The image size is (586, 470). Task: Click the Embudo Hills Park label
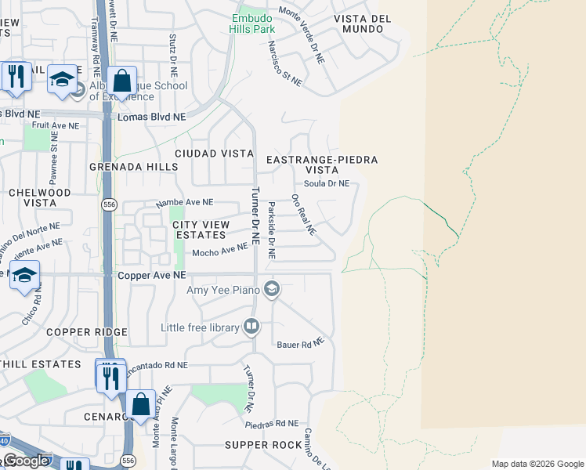point(252,23)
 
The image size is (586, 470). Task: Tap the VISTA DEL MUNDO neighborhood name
point(362,24)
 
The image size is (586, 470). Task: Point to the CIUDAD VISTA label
point(214,154)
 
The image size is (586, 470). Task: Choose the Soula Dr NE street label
point(327,184)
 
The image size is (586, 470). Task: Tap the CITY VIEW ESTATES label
point(201,230)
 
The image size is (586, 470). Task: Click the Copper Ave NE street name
point(152,276)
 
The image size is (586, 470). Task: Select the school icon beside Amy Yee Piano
point(272,290)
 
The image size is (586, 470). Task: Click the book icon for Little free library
point(251,326)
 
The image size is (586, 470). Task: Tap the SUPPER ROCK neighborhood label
point(263,445)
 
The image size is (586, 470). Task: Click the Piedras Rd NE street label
point(272,423)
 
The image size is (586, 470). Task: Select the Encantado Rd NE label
point(154,365)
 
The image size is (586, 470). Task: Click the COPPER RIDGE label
point(86,332)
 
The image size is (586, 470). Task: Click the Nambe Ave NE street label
point(185,202)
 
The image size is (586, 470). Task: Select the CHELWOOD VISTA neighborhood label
point(39,197)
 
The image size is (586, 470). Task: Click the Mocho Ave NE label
point(220,251)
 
